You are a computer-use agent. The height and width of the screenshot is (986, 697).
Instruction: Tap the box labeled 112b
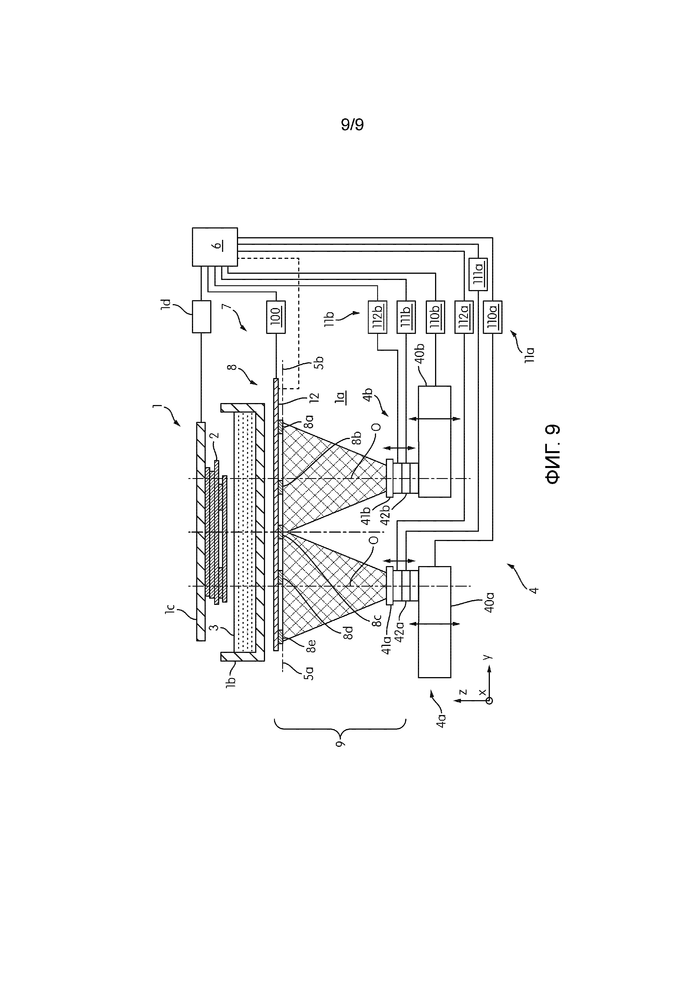[x=377, y=317]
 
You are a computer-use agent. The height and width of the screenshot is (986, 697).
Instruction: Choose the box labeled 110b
[x=435, y=317]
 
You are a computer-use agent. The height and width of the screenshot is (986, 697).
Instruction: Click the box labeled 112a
[x=464, y=317]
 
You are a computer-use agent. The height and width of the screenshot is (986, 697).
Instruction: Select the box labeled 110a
[x=493, y=317]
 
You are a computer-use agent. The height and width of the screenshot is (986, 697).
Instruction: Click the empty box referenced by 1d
[x=202, y=317]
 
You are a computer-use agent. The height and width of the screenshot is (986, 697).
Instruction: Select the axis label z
[x=463, y=692]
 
